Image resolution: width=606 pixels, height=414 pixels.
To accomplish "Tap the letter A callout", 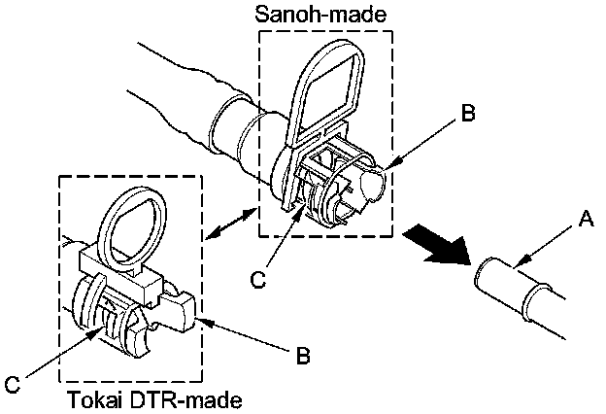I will (x=586, y=221).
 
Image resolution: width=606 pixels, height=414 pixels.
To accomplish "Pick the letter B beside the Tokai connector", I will (x=303, y=356).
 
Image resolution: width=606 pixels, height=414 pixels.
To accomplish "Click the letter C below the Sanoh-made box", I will (x=257, y=279).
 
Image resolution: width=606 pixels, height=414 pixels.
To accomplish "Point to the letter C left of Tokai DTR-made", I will (x=13, y=385).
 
